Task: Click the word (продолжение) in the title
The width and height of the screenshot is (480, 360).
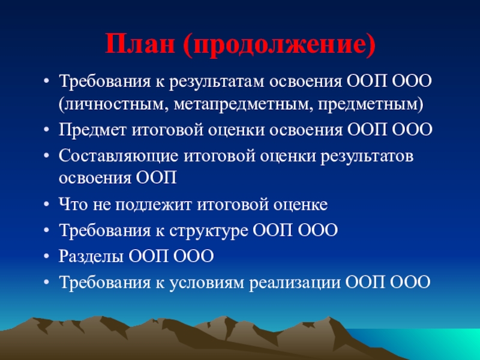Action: (279, 45)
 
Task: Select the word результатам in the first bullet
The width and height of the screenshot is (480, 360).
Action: (217, 82)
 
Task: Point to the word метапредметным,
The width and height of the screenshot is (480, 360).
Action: (243, 104)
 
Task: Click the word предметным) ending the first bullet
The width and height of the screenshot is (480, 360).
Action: (371, 104)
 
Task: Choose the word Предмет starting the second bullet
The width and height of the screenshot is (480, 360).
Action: (92, 130)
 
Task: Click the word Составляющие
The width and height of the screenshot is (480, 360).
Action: (118, 156)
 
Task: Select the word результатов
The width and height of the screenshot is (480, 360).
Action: (367, 157)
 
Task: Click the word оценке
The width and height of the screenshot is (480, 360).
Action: (301, 205)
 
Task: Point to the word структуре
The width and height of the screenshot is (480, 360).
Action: (208, 231)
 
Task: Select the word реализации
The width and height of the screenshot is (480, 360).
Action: (295, 283)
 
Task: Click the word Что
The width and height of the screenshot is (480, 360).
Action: (73, 205)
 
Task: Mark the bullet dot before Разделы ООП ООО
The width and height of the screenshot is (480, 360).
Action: (46, 256)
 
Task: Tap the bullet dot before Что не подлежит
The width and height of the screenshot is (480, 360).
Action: (46, 205)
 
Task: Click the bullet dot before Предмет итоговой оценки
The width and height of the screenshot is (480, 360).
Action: (46, 130)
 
